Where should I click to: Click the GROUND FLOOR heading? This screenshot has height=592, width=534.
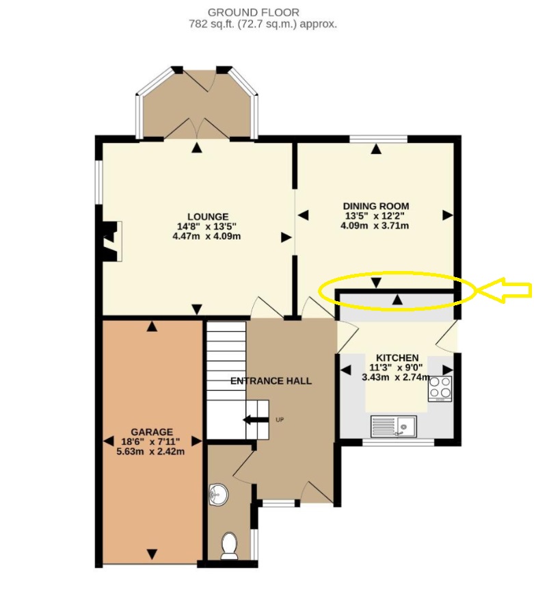(x=254, y=12)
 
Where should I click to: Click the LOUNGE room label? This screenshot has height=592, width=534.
(x=208, y=217)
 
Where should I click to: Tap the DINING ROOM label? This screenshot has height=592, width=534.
(x=376, y=206)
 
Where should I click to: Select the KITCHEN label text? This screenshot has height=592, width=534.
(x=397, y=357)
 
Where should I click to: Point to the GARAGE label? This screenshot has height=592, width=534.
(x=152, y=432)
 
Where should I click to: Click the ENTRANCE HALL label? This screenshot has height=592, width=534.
(x=271, y=381)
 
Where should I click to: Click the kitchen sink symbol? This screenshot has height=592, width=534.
(x=394, y=426)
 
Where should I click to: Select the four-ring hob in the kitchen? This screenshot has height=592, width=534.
(x=440, y=388)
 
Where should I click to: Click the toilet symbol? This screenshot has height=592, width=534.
(x=229, y=545)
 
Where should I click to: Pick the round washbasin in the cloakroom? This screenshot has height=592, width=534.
(x=218, y=494)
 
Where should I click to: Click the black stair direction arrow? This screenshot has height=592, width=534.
(x=255, y=420)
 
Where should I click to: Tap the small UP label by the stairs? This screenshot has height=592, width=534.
(x=280, y=420)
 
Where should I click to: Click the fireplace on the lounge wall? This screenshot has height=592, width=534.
(x=111, y=241)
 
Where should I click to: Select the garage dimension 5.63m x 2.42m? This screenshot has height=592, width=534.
(x=150, y=452)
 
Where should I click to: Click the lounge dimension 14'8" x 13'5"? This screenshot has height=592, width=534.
(x=206, y=227)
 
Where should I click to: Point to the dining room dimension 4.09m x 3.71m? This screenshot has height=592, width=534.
(x=375, y=226)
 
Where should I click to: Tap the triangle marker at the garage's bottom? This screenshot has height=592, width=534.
(x=152, y=554)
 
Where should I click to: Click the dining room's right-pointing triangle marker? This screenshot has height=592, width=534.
(x=448, y=215)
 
